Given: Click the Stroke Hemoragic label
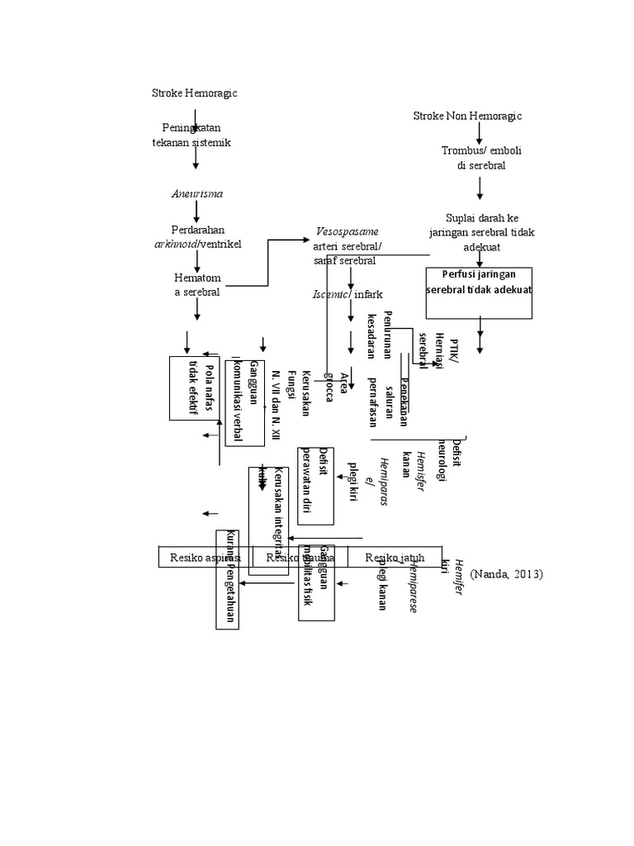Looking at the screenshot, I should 194,93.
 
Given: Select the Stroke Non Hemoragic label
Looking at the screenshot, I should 467,116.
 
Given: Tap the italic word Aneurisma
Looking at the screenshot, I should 196,193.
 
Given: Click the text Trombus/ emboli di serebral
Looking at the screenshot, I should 480,158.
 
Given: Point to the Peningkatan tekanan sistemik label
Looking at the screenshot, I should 192,135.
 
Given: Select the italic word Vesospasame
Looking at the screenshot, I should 348,231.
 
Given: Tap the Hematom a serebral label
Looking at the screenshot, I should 195,285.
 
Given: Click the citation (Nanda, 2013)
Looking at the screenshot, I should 507,573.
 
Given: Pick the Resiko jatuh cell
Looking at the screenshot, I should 395,558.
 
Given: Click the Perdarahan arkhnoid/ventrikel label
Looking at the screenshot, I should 198,236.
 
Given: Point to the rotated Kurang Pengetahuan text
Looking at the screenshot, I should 228,578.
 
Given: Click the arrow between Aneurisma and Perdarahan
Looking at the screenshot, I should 196,211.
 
